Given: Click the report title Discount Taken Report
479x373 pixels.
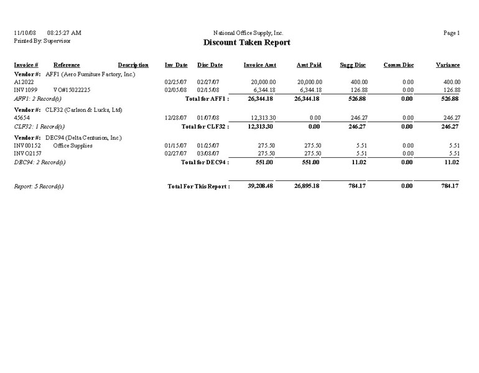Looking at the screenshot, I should [247, 43].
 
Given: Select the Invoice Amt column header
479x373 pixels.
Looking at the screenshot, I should [260, 65].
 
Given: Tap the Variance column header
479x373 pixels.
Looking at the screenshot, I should [448, 65].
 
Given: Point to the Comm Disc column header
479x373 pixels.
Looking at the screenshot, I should [399, 65].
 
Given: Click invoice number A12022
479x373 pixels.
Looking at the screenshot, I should [24, 82].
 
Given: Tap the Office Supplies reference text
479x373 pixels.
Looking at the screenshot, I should [73, 146].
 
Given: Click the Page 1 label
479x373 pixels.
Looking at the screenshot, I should [452, 33].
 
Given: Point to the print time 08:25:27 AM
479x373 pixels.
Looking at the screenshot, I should [64, 33].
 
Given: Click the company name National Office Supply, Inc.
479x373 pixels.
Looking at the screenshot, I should [248, 33].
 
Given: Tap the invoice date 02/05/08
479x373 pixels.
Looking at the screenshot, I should [176, 90].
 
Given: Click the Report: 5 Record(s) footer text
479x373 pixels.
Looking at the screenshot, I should [39, 186].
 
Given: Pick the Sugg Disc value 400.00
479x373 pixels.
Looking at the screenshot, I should [359, 82].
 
